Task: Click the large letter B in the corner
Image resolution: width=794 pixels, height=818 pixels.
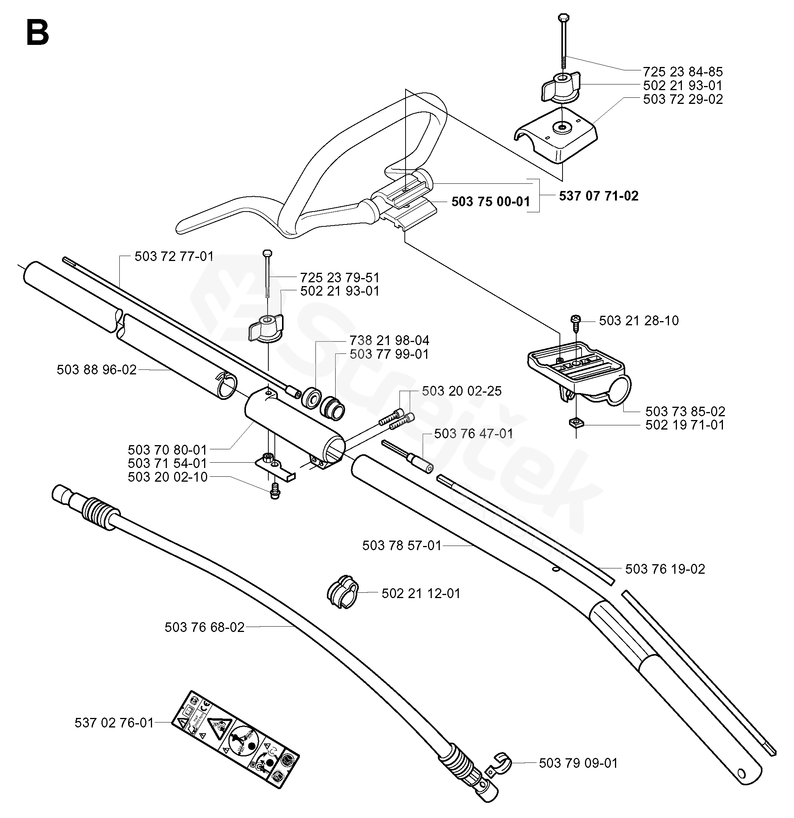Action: tap(38, 33)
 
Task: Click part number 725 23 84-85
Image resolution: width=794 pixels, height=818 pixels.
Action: tap(683, 72)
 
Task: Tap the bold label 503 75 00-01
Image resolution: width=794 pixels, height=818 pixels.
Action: tap(490, 202)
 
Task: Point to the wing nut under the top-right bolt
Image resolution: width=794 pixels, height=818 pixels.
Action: tap(561, 87)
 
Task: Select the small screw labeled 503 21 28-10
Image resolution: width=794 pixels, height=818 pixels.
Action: tap(576, 320)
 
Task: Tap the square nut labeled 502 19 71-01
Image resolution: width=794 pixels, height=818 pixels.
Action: tap(575, 424)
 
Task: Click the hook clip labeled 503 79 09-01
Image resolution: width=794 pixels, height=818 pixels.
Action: tap(501, 764)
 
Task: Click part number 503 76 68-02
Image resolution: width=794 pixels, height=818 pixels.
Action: tap(204, 627)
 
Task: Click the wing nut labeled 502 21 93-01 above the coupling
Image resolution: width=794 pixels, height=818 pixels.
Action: tap(266, 328)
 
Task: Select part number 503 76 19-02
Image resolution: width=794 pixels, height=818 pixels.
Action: tap(665, 569)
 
